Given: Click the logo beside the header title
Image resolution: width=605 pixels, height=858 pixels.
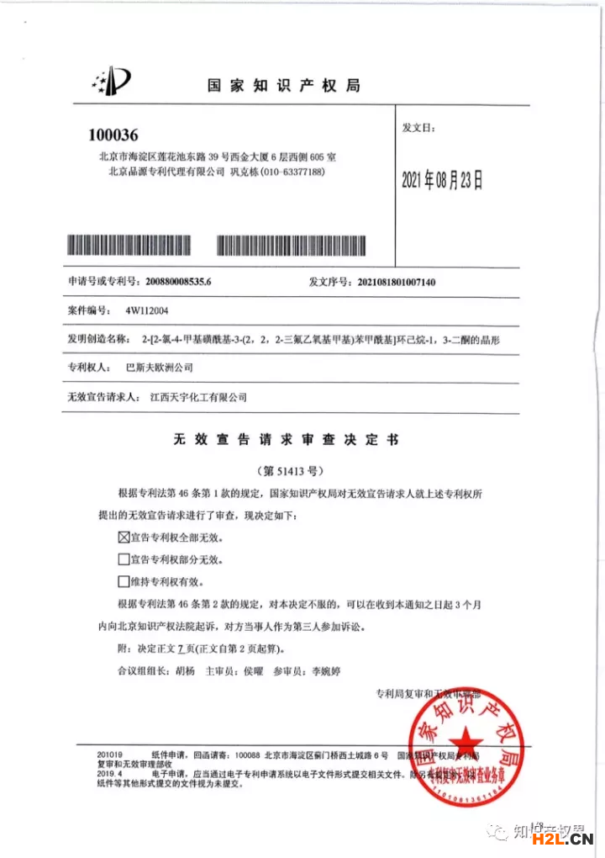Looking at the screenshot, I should tap(112, 81).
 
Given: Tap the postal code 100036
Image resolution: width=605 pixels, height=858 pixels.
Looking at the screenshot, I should tap(113, 135).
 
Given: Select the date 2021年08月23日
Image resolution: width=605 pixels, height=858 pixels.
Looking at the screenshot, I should tap(443, 179).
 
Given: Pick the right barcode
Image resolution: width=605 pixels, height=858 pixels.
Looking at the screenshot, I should tap(291, 246).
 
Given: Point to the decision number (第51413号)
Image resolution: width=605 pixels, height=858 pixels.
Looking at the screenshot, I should tap(289, 471).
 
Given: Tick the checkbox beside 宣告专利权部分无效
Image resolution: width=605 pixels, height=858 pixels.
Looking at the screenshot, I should tap(124, 559).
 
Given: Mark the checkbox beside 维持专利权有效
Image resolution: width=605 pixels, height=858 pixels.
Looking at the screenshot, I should tap(124, 581).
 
